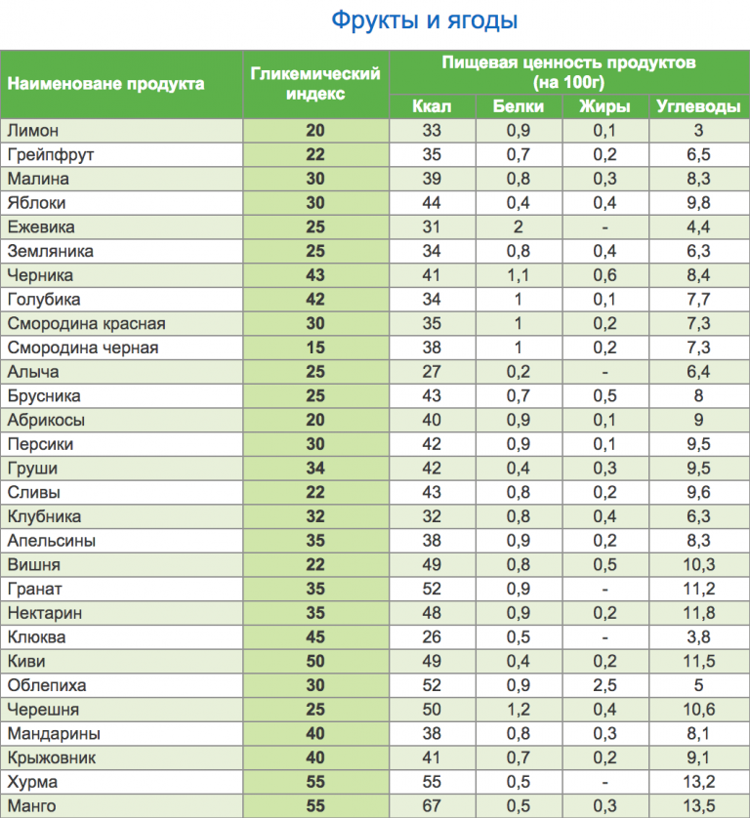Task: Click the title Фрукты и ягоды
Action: point(424,20)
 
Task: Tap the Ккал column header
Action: point(431,106)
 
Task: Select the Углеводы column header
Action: point(697,106)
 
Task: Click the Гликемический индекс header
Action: point(314,83)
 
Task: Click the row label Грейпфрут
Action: point(50,155)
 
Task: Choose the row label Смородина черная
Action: point(82,348)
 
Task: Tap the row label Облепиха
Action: point(46,685)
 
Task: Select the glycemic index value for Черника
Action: point(314,275)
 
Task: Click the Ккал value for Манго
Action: point(431,805)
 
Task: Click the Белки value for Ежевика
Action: point(519,227)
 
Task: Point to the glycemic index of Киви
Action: point(314,661)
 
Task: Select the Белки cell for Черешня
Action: point(519,710)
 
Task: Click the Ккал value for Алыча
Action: point(431,372)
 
